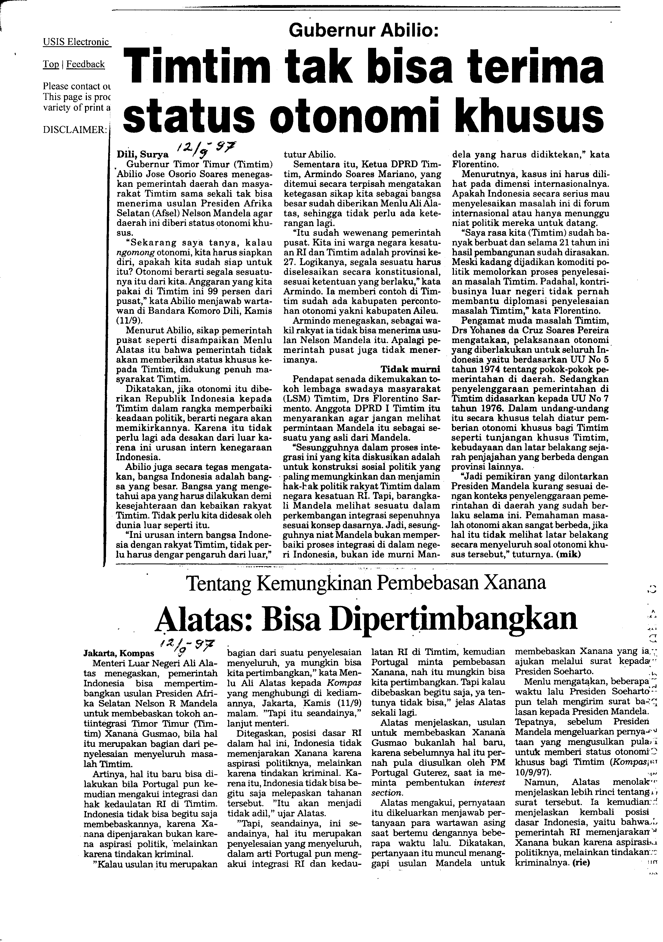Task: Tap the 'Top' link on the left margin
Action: pyautogui.click(x=51, y=65)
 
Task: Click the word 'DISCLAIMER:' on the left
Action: pyautogui.click(x=74, y=130)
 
